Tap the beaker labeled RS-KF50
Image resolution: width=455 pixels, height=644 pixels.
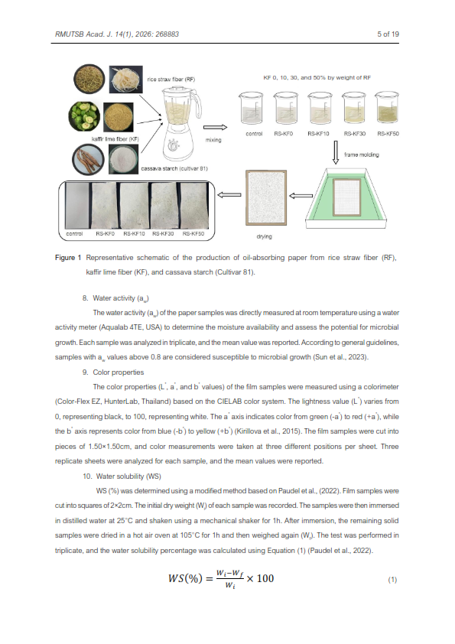(387, 108)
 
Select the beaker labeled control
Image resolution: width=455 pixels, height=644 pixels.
(251, 108)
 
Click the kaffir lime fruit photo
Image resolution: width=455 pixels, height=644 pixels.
(84, 116)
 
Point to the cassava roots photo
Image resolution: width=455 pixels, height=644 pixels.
(88, 159)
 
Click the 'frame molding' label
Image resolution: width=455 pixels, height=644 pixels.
(362, 154)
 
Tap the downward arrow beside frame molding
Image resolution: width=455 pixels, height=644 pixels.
(336, 152)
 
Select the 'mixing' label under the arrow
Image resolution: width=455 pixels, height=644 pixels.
(213, 140)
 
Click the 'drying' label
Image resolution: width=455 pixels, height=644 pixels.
(264, 236)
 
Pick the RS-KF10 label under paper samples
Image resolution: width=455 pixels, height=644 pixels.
(134, 234)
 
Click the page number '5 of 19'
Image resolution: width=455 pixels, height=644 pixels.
(388, 34)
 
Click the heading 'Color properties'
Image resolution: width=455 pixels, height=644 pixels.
(119, 372)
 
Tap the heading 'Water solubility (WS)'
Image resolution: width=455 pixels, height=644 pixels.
(128, 476)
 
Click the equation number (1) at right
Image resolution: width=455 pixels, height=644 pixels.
(392, 580)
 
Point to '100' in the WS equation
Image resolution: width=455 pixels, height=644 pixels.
(265, 578)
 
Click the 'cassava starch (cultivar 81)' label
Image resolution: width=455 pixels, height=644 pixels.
(174, 168)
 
